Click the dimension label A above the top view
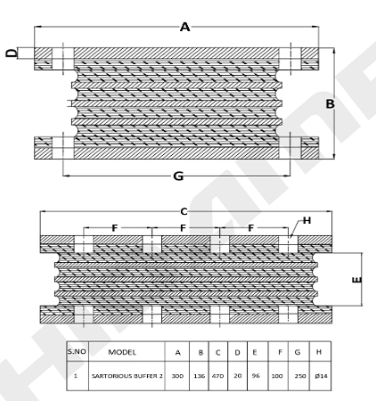[184, 27]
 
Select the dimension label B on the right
[330, 104]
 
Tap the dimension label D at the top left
[12, 53]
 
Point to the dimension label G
[178, 176]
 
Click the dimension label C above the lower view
[184, 212]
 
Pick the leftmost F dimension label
[115, 228]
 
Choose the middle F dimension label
[183, 228]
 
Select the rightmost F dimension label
[251, 228]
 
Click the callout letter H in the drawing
[307, 220]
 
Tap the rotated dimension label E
[356, 280]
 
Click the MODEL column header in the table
[122, 352]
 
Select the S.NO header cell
[77, 352]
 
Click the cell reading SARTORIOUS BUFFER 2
[127, 376]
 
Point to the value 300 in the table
[177, 376]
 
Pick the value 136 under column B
[200, 376]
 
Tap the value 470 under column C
[218, 376]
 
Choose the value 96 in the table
[256, 376]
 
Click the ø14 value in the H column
[321, 376]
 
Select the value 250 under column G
[300, 376]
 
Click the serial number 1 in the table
[76, 376]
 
